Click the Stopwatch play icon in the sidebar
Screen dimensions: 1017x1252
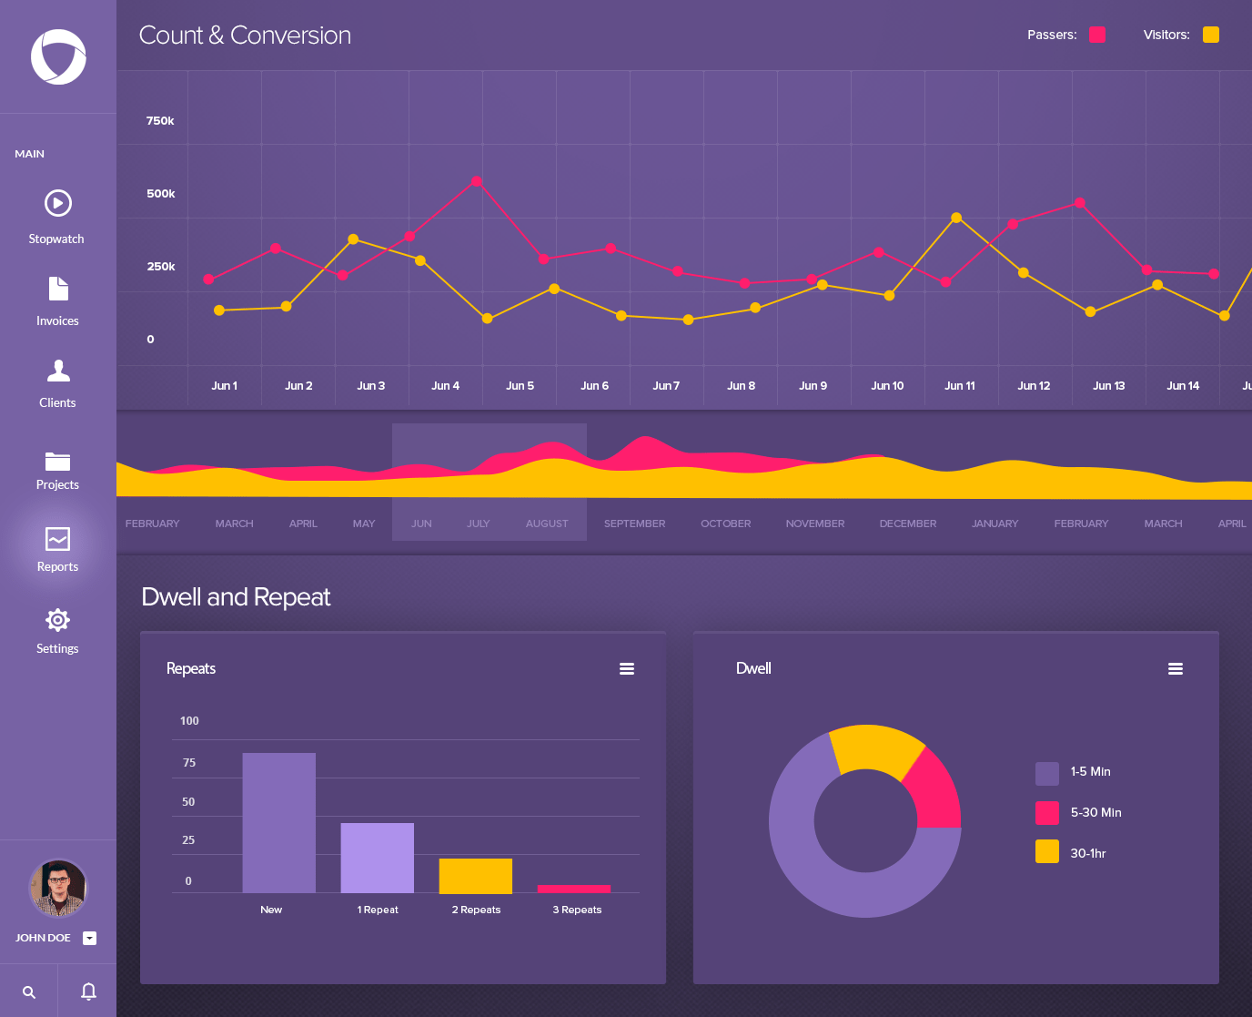(x=57, y=203)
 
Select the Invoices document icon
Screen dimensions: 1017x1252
(x=58, y=289)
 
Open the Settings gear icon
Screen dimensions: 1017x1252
(x=57, y=620)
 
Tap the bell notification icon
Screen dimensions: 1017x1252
(x=88, y=991)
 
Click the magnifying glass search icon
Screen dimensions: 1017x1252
(x=29, y=992)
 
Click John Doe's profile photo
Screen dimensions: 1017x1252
(x=58, y=888)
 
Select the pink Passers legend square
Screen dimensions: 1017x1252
(x=1097, y=35)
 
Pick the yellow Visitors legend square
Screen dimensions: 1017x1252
(x=1210, y=35)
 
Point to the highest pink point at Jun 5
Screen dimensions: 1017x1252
(x=477, y=182)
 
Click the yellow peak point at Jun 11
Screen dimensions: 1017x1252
(x=956, y=218)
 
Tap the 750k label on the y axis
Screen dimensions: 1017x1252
(x=160, y=120)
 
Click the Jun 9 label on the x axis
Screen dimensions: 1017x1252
(x=813, y=386)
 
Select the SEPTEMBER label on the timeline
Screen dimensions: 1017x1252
(x=634, y=524)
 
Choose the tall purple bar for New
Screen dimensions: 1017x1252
(x=278, y=822)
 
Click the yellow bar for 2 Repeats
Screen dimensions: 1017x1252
(x=475, y=875)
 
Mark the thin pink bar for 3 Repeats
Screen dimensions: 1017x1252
(x=573, y=889)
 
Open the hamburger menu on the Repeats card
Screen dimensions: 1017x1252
(x=627, y=668)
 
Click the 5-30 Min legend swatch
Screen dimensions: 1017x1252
(x=1047, y=812)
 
